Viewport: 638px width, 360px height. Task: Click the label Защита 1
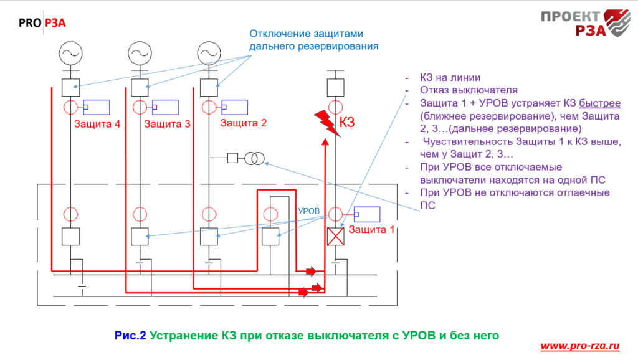371,229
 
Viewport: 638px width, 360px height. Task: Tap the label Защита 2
244,123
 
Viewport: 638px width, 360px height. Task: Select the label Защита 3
167,124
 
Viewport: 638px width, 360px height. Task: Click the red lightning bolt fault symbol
325,121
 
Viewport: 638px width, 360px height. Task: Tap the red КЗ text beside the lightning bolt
347,122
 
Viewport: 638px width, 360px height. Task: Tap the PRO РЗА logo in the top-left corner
42,24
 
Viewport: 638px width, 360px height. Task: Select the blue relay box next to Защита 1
368,215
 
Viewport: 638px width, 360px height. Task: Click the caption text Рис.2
130,336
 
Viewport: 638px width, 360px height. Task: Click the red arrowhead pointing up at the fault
325,143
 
